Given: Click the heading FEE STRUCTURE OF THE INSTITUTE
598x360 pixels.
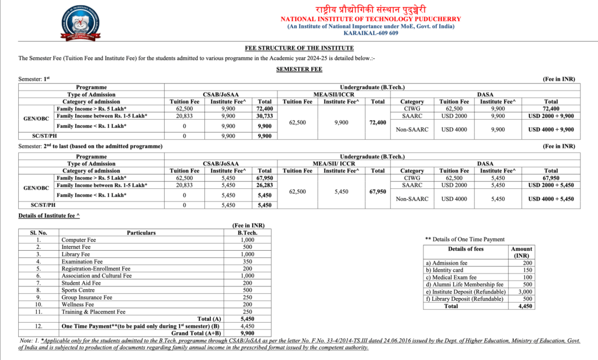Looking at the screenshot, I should [299, 48].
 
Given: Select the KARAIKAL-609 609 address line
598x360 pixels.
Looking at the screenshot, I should [371, 33].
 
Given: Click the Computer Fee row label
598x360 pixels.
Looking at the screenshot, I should [79, 240].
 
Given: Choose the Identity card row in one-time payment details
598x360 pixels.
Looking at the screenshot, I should [444, 270].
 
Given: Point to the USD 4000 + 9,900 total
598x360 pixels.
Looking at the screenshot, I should [551, 129].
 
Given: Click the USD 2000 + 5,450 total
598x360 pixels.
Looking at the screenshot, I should [551, 185].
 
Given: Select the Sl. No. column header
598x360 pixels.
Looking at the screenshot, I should [39, 233].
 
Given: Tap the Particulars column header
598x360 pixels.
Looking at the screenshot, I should [141, 233].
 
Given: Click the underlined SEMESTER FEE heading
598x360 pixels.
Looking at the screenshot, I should [299, 68].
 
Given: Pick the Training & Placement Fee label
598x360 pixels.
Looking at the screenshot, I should [93, 311].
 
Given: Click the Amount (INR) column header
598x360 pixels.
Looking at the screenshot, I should [521, 252].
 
